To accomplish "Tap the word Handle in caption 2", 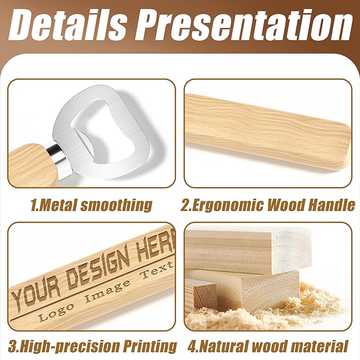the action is click(x=332, y=205).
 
